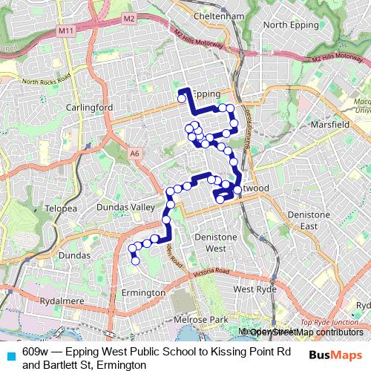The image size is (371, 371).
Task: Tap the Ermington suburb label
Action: (142, 292)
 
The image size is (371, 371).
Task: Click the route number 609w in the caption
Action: (36, 352)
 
